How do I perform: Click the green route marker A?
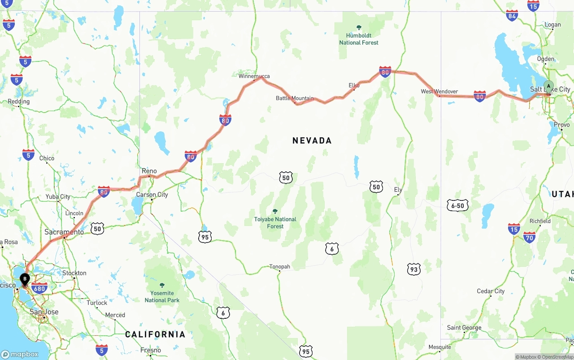click(548, 87)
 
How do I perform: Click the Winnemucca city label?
click(254, 76)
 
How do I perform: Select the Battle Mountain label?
click(295, 98)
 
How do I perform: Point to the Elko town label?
click(354, 85)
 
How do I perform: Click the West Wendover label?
click(439, 91)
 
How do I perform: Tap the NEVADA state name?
click(312, 140)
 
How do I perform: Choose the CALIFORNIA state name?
click(155, 334)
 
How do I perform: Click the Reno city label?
click(149, 171)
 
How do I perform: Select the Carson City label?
click(152, 195)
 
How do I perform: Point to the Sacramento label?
click(64, 232)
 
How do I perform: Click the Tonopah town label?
click(279, 266)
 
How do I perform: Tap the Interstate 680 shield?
click(39, 288)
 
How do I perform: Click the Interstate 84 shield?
click(512, 16)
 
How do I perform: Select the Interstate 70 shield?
click(530, 237)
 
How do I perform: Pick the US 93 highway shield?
click(414, 269)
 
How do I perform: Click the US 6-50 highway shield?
click(457, 206)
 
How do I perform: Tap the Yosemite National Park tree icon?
click(162, 285)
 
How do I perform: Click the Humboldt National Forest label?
click(359, 39)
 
